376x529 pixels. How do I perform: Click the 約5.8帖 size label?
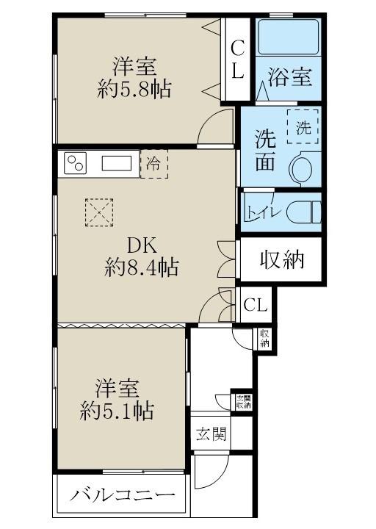pos(134,89)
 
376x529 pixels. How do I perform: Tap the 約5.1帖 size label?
pos(117,411)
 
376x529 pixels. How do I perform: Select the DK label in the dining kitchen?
pos(142,245)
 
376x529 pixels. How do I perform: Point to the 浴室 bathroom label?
pos(289,77)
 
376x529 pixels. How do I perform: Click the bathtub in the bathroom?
pos(289,37)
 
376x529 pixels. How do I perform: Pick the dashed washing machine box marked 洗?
pos(303,127)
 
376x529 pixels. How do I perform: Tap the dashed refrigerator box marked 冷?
pos(153,165)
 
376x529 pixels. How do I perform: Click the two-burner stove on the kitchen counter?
pos(75,163)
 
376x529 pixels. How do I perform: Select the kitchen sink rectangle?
pos(117,164)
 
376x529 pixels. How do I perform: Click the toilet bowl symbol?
pos(304,212)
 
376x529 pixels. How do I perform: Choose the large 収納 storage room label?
pos(282,259)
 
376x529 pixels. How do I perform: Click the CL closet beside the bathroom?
pos(237,59)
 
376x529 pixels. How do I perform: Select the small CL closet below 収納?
pos(256,305)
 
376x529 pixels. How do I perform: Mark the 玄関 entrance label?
pos(211,433)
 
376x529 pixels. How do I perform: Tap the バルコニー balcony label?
pos(123,496)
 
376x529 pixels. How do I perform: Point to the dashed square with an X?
pos(99,212)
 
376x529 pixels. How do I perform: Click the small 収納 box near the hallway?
pos(264,339)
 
